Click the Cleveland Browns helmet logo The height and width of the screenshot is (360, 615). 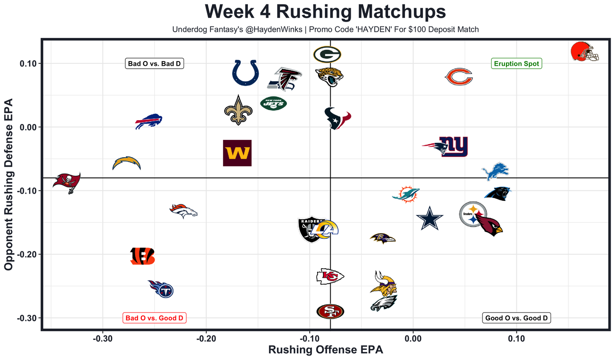pos(584,51)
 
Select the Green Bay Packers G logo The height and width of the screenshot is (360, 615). pos(327,54)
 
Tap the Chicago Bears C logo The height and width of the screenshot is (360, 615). pos(459,77)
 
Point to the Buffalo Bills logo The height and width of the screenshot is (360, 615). pos(148,122)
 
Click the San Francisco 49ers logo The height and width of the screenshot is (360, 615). pos(330,311)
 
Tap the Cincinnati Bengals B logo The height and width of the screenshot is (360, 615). pos(143,256)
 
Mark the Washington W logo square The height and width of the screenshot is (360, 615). pos(237,153)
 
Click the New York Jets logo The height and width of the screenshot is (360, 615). pos(273,103)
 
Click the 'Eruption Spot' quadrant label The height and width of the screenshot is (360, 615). pos(517,63)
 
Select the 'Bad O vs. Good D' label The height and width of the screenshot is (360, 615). pos(155,318)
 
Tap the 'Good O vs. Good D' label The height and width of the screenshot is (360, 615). pos(517,318)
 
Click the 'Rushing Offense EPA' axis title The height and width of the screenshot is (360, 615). pos(326,350)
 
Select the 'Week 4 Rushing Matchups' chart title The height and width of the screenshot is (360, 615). pos(325,12)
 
